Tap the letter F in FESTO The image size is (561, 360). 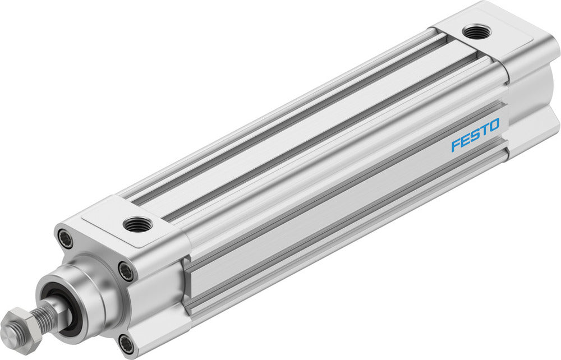(x=455, y=145)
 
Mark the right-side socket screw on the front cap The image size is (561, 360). (x=127, y=273)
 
